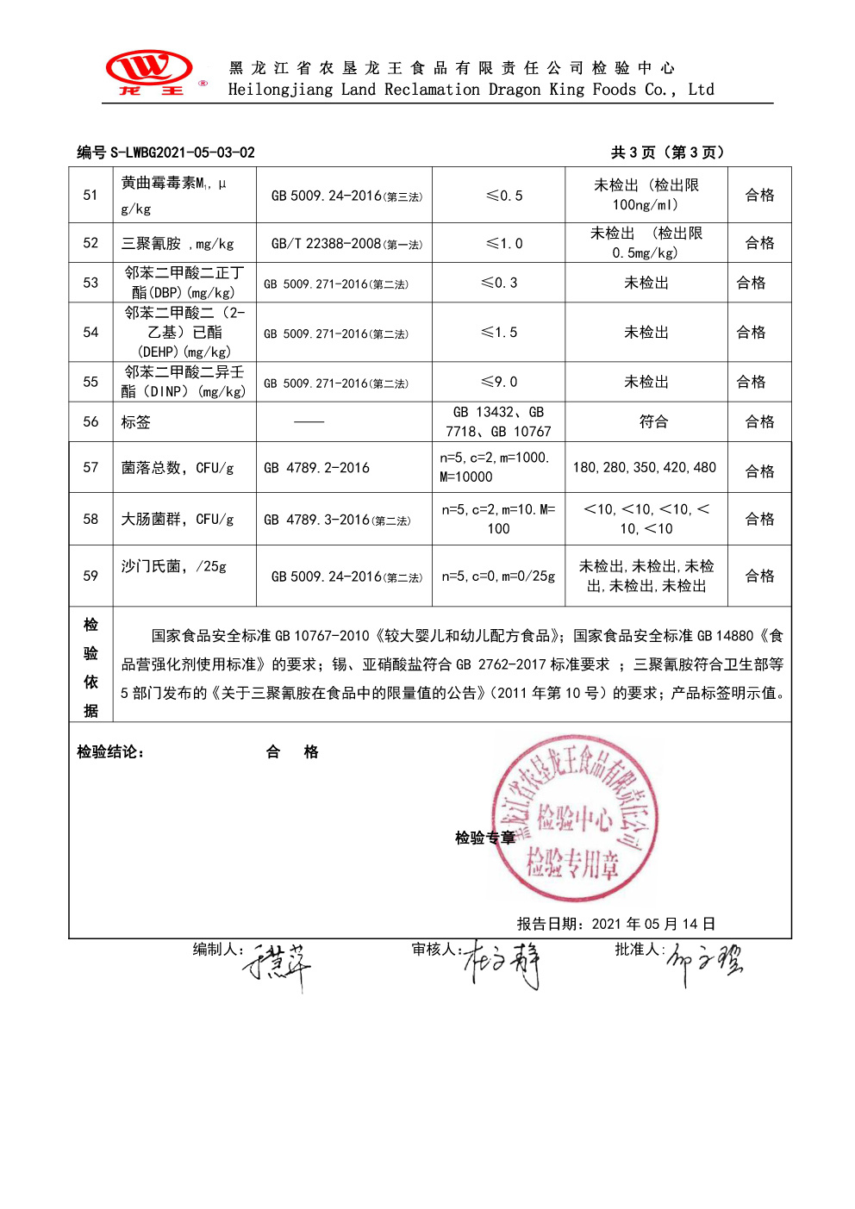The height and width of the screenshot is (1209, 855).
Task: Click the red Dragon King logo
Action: coord(150,72)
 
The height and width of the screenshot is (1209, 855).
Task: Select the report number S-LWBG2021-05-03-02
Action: coord(182,153)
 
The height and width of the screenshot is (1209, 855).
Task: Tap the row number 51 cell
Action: coord(90,196)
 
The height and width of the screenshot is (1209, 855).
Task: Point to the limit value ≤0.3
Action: coord(499,283)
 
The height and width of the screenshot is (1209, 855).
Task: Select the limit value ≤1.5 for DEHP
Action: coord(499,333)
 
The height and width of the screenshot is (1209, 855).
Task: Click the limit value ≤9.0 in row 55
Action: coord(499,382)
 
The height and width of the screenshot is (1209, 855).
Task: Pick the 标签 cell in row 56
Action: coord(136,422)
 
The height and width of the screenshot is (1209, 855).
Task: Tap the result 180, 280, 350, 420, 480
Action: coord(644,468)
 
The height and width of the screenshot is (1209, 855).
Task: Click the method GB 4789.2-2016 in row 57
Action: coord(316,468)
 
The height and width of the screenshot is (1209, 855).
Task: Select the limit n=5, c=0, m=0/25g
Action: coord(498,576)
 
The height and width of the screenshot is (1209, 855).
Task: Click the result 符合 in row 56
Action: coord(653,422)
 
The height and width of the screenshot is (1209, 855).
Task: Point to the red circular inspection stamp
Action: coord(574,819)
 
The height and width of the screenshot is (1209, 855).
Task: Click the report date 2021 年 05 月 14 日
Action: coord(652,924)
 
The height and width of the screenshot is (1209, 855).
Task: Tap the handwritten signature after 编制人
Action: coord(278,965)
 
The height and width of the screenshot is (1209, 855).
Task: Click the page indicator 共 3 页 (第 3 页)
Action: coord(668,153)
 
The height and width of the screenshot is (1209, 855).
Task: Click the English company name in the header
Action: coord(471,90)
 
